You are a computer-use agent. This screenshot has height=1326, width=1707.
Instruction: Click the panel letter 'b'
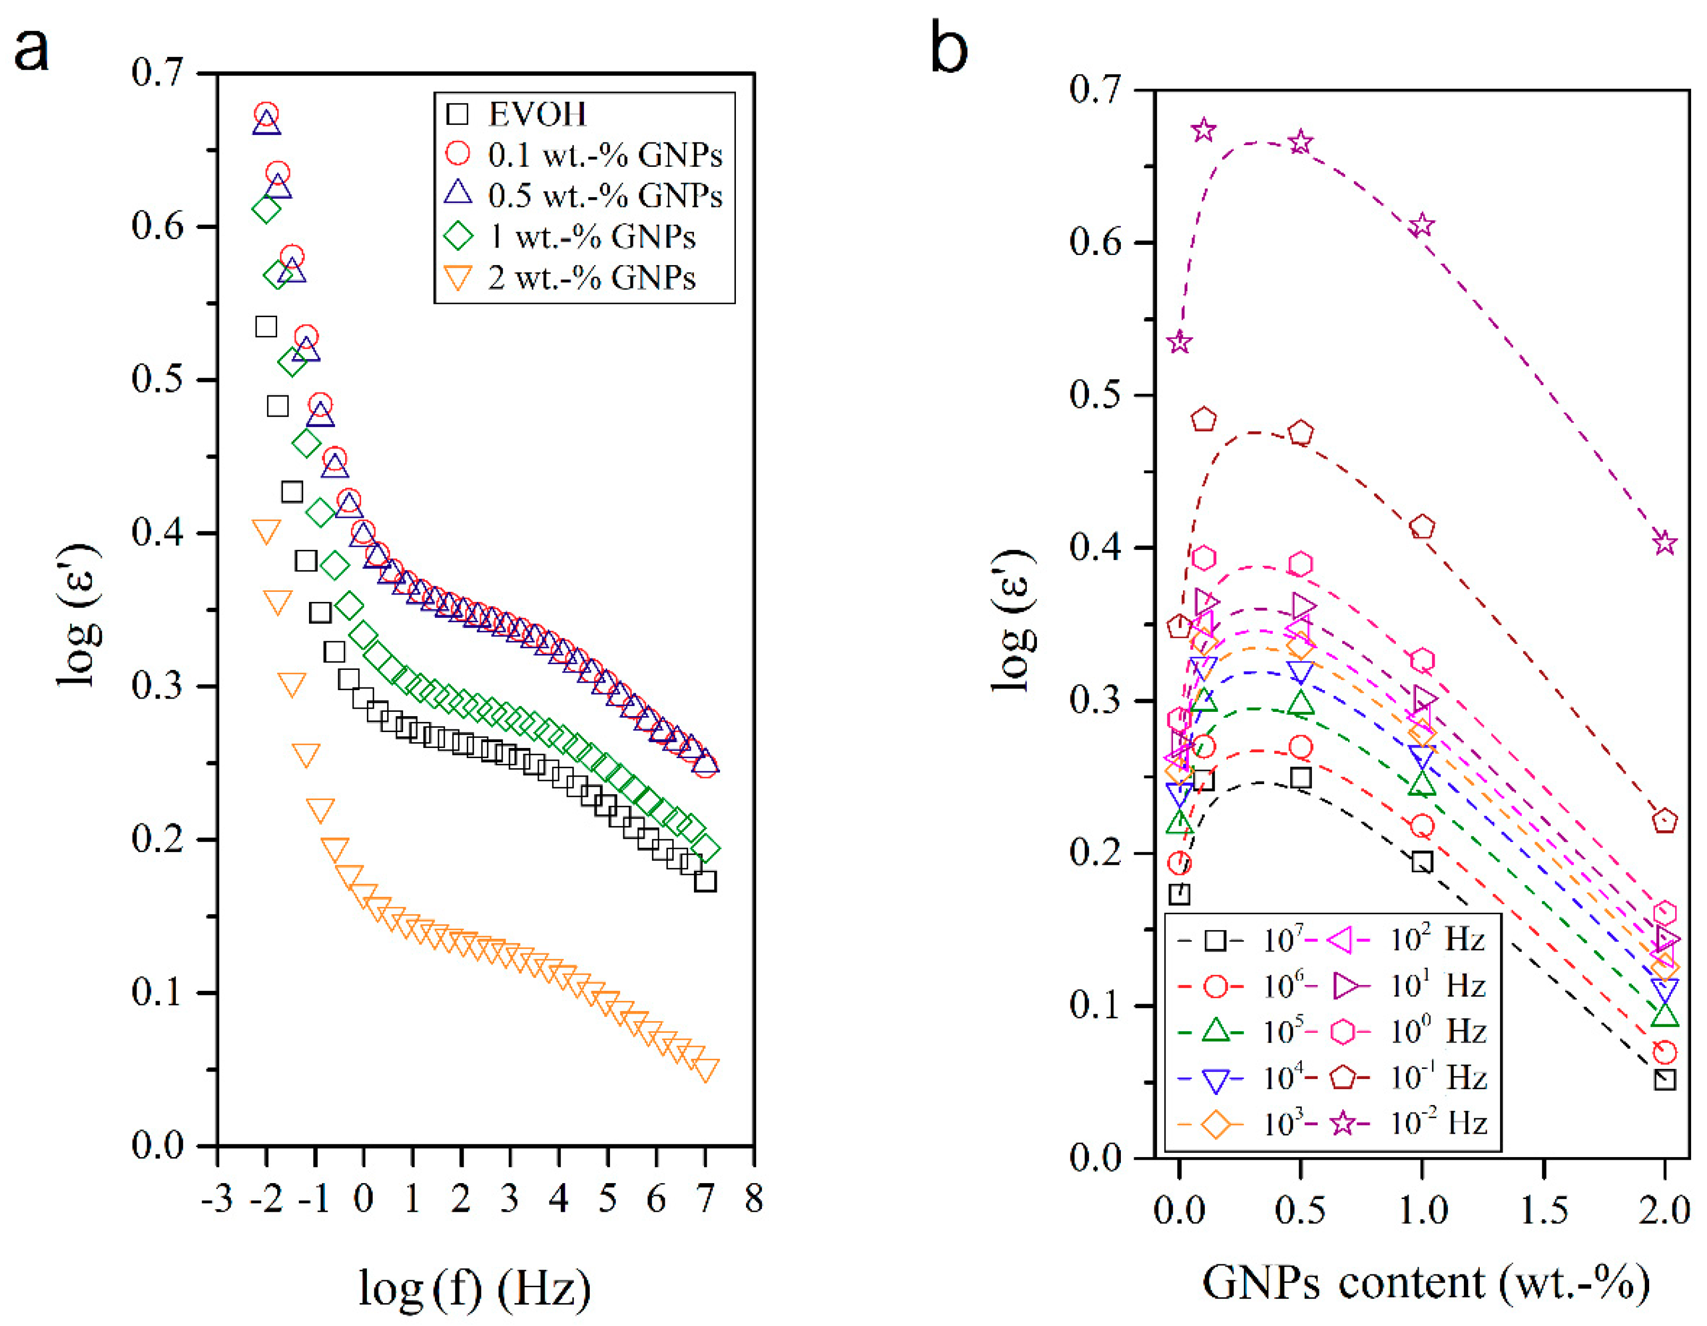point(948,48)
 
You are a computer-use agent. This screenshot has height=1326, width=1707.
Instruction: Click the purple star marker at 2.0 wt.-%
point(1664,542)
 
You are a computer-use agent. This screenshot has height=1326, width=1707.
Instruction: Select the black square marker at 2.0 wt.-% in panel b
point(1664,1079)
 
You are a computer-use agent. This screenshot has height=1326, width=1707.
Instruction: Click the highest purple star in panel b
point(1204,131)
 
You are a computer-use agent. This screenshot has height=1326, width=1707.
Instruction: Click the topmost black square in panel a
point(266,327)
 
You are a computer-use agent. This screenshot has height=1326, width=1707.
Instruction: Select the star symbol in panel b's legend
point(1343,1124)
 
